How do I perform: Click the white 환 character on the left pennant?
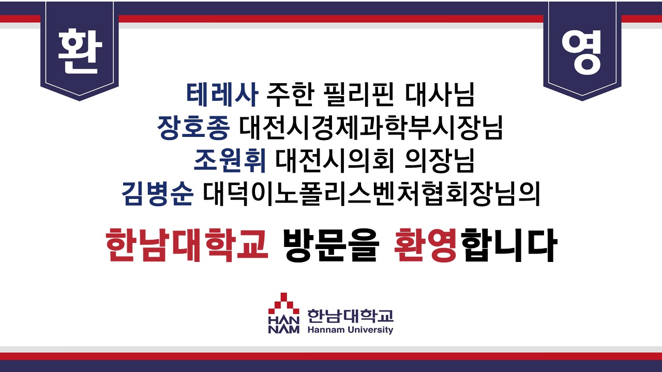coord(80,51)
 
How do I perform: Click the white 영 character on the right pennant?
coord(582,52)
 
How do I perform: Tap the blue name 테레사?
coord(222,95)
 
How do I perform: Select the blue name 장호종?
coord(193,128)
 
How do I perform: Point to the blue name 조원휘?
coord(230,161)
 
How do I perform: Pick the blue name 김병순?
coord(158,194)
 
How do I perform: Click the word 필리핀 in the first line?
coord(359,95)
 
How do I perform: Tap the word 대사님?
coord(440,95)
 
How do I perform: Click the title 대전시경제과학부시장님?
coord(371,128)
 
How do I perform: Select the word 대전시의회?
coord(335,161)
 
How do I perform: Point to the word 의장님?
coord(440,161)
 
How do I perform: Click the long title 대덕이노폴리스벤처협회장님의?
coord(371,194)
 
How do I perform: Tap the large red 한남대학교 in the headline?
coord(187,245)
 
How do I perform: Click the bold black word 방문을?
coord(330,245)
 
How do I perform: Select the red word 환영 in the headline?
coord(427,245)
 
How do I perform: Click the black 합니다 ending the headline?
coord(508,245)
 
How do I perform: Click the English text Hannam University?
coord(350,330)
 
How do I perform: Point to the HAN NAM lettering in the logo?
coord(284,325)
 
